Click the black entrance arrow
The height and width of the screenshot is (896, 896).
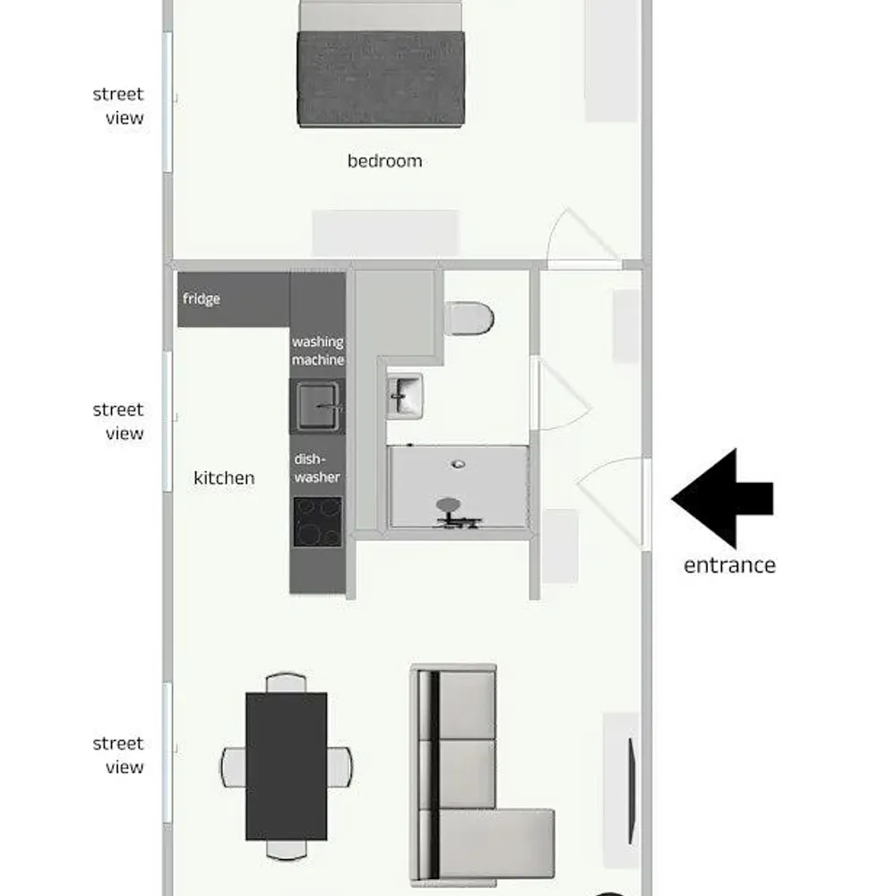pos(721,498)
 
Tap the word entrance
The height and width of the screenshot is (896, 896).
pos(729,565)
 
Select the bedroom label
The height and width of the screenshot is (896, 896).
pos(384,161)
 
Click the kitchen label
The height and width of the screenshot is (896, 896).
pos(224,478)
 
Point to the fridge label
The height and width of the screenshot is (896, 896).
pos(202,299)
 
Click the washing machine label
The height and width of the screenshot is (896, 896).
pos(318,350)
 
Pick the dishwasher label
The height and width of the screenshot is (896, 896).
pos(317,469)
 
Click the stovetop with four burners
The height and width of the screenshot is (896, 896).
pos(318,521)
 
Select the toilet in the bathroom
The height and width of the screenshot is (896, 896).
pos(470,318)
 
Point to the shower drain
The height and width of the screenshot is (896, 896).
pos(458,464)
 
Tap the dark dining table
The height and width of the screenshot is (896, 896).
pos(286,766)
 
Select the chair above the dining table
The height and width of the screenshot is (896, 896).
pos(286,682)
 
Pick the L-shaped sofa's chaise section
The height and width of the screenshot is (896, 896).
pos(497,842)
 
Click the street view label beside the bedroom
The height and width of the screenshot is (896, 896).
pos(118,106)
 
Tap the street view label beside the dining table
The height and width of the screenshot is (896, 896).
pos(118,755)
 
